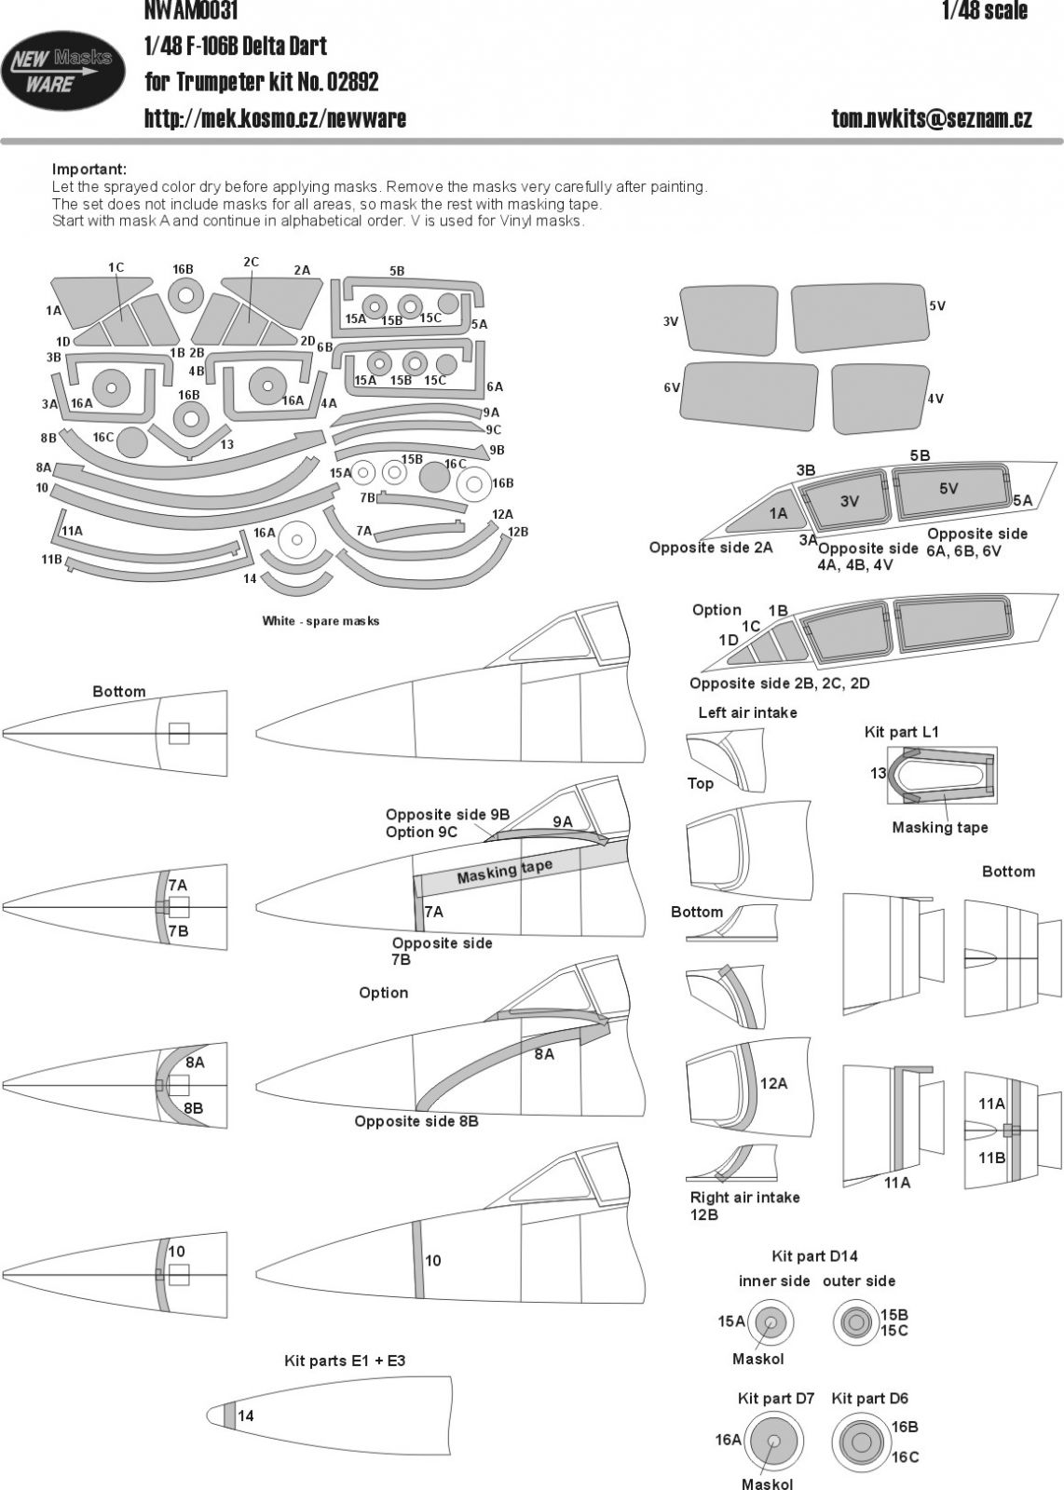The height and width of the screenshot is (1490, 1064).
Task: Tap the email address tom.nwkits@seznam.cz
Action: click(x=932, y=118)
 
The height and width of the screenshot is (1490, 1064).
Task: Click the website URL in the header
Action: click(x=276, y=118)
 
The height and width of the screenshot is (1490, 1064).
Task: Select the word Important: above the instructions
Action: click(x=89, y=169)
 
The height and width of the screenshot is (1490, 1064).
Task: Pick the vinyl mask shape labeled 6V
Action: click(x=750, y=396)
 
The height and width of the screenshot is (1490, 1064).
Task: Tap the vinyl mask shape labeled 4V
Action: click(x=880, y=398)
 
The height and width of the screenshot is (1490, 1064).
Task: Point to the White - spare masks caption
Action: click(x=321, y=621)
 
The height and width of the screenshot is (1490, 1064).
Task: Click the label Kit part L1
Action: click(x=902, y=732)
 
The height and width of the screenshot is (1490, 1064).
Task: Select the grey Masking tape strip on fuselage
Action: click(x=504, y=872)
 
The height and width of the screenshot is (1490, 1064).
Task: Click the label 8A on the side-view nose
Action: click(x=544, y=1054)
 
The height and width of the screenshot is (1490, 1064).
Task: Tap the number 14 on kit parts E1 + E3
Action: click(x=245, y=1416)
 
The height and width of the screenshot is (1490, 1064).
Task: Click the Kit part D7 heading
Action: click(x=776, y=1399)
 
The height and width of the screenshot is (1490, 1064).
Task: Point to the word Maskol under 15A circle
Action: click(x=757, y=1360)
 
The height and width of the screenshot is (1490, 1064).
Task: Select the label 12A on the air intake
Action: click(x=773, y=1084)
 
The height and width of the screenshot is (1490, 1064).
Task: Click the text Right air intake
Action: click(x=744, y=1198)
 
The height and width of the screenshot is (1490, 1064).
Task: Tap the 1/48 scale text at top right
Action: click(x=984, y=11)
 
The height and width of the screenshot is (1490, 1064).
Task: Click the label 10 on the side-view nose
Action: click(x=432, y=1261)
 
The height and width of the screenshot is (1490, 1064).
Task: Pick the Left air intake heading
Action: click(x=747, y=712)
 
